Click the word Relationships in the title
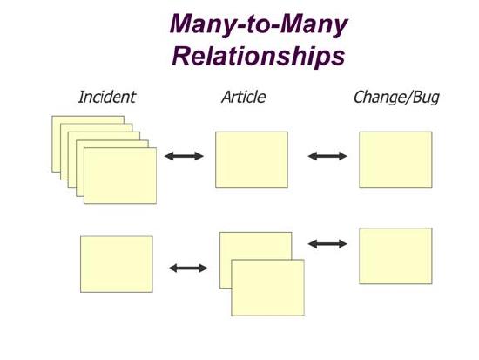(x=259, y=57)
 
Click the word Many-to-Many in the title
(x=259, y=25)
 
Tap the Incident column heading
(x=106, y=97)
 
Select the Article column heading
(x=244, y=97)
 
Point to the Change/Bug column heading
(x=396, y=98)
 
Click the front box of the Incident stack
(x=120, y=175)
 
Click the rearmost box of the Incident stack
(x=88, y=120)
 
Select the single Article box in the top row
(x=252, y=160)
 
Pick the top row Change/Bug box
(x=395, y=160)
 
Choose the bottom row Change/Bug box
(x=395, y=255)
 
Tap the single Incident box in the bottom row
(x=117, y=264)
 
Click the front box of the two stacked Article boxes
(x=267, y=288)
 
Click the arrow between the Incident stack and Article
(x=184, y=156)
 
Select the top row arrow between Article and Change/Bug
(x=327, y=156)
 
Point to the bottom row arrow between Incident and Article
(x=188, y=268)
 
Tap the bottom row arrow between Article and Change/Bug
(x=327, y=244)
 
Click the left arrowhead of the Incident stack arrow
(x=169, y=156)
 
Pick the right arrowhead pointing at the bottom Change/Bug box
(x=342, y=244)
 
